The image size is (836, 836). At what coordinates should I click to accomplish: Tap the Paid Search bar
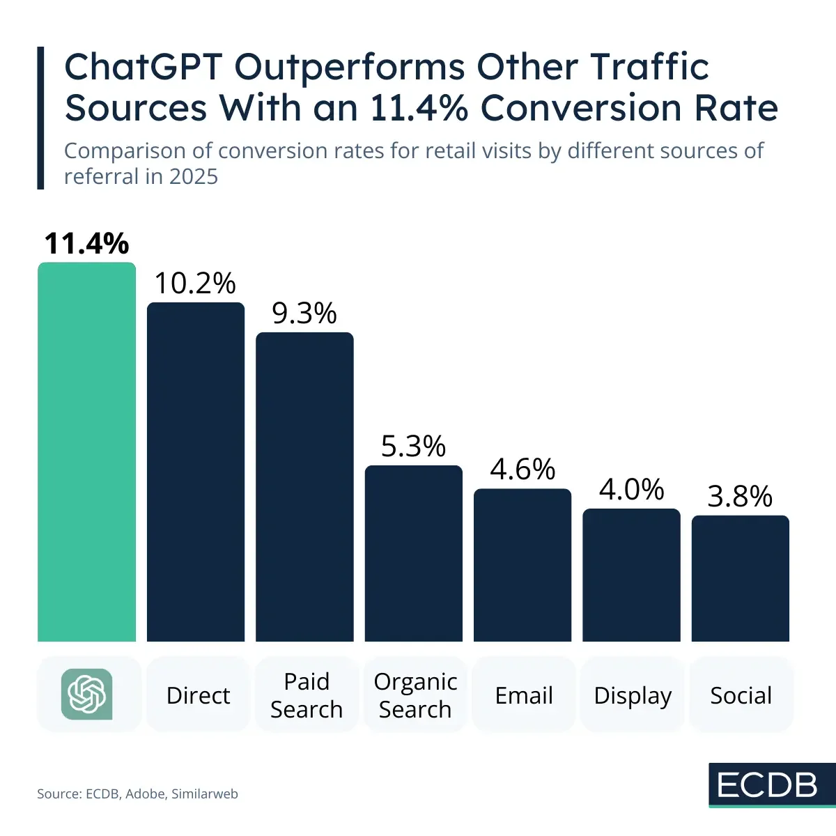(304, 487)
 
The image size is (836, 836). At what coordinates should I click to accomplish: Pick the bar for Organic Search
(414, 553)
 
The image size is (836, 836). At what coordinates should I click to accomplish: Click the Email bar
(522, 565)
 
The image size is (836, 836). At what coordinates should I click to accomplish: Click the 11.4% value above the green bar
(86, 244)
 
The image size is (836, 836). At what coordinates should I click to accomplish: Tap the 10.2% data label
(195, 284)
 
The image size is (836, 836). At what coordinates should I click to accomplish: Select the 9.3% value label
(304, 313)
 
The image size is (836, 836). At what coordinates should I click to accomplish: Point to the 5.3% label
(413, 447)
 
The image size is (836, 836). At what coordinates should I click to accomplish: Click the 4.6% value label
(522, 470)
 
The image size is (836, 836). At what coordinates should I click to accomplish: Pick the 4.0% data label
(631, 490)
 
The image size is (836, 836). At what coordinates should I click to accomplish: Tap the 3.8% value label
(740, 497)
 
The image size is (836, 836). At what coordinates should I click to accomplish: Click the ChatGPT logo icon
(87, 694)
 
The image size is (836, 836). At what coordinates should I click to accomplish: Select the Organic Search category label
(415, 695)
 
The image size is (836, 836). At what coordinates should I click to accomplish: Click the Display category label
(633, 695)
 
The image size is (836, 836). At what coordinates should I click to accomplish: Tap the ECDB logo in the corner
(767, 785)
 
